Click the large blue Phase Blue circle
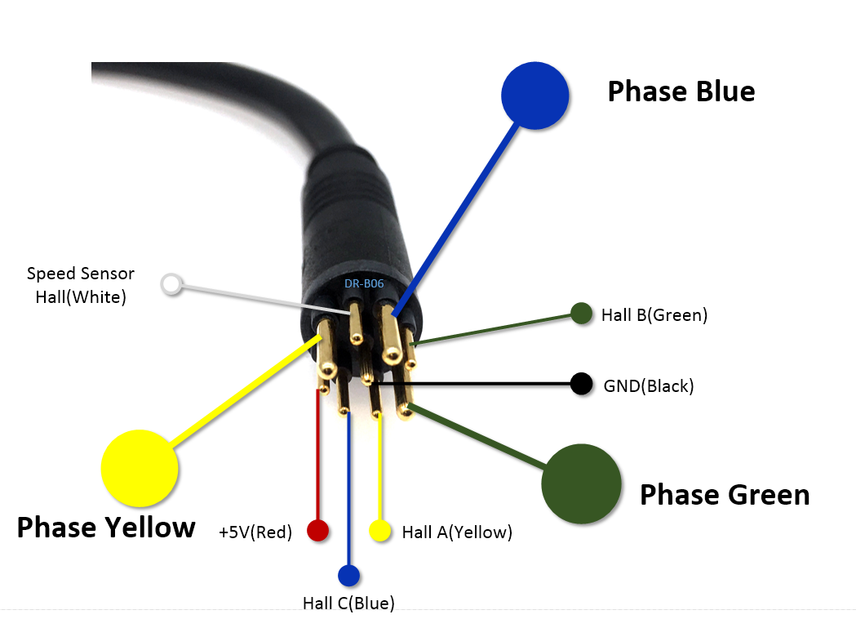(x=534, y=95)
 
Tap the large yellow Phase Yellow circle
(x=140, y=467)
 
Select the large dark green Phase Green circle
(x=581, y=483)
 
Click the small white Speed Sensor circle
(x=171, y=284)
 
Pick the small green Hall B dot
(x=581, y=314)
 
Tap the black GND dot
(x=581, y=384)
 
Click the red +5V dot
(x=317, y=531)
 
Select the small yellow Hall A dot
(x=379, y=532)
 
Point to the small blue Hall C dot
(x=348, y=575)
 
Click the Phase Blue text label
(x=681, y=91)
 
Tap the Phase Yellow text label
(x=106, y=527)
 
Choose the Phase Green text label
(x=724, y=494)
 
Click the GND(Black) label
(x=649, y=385)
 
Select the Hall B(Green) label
(x=654, y=314)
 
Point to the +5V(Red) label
(x=255, y=532)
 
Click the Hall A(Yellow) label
(x=457, y=532)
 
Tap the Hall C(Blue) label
(x=348, y=604)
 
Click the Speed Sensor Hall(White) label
(x=81, y=285)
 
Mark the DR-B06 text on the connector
(x=364, y=283)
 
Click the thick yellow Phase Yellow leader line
(x=245, y=392)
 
